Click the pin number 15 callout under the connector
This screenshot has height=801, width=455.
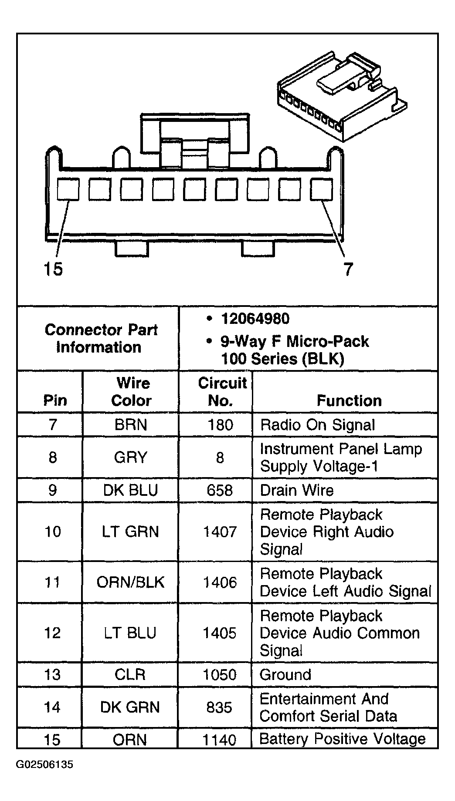(53, 269)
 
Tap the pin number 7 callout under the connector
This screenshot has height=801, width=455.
(348, 269)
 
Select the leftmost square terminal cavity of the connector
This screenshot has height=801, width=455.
(68, 190)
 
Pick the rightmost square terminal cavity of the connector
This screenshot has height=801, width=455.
(321, 190)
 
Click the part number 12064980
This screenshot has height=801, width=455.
(255, 319)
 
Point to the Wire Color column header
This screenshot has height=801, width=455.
(132, 392)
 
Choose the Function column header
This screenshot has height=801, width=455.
(349, 400)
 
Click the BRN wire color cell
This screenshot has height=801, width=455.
(131, 425)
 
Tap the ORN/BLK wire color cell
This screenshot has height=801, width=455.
(131, 582)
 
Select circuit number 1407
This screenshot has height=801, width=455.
(220, 532)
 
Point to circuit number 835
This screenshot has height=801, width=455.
(219, 707)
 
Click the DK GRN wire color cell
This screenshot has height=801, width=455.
(130, 707)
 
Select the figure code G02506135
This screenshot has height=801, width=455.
(45, 777)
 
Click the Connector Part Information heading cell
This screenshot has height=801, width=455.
(101, 338)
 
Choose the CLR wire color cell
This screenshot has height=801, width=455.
(130, 674)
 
